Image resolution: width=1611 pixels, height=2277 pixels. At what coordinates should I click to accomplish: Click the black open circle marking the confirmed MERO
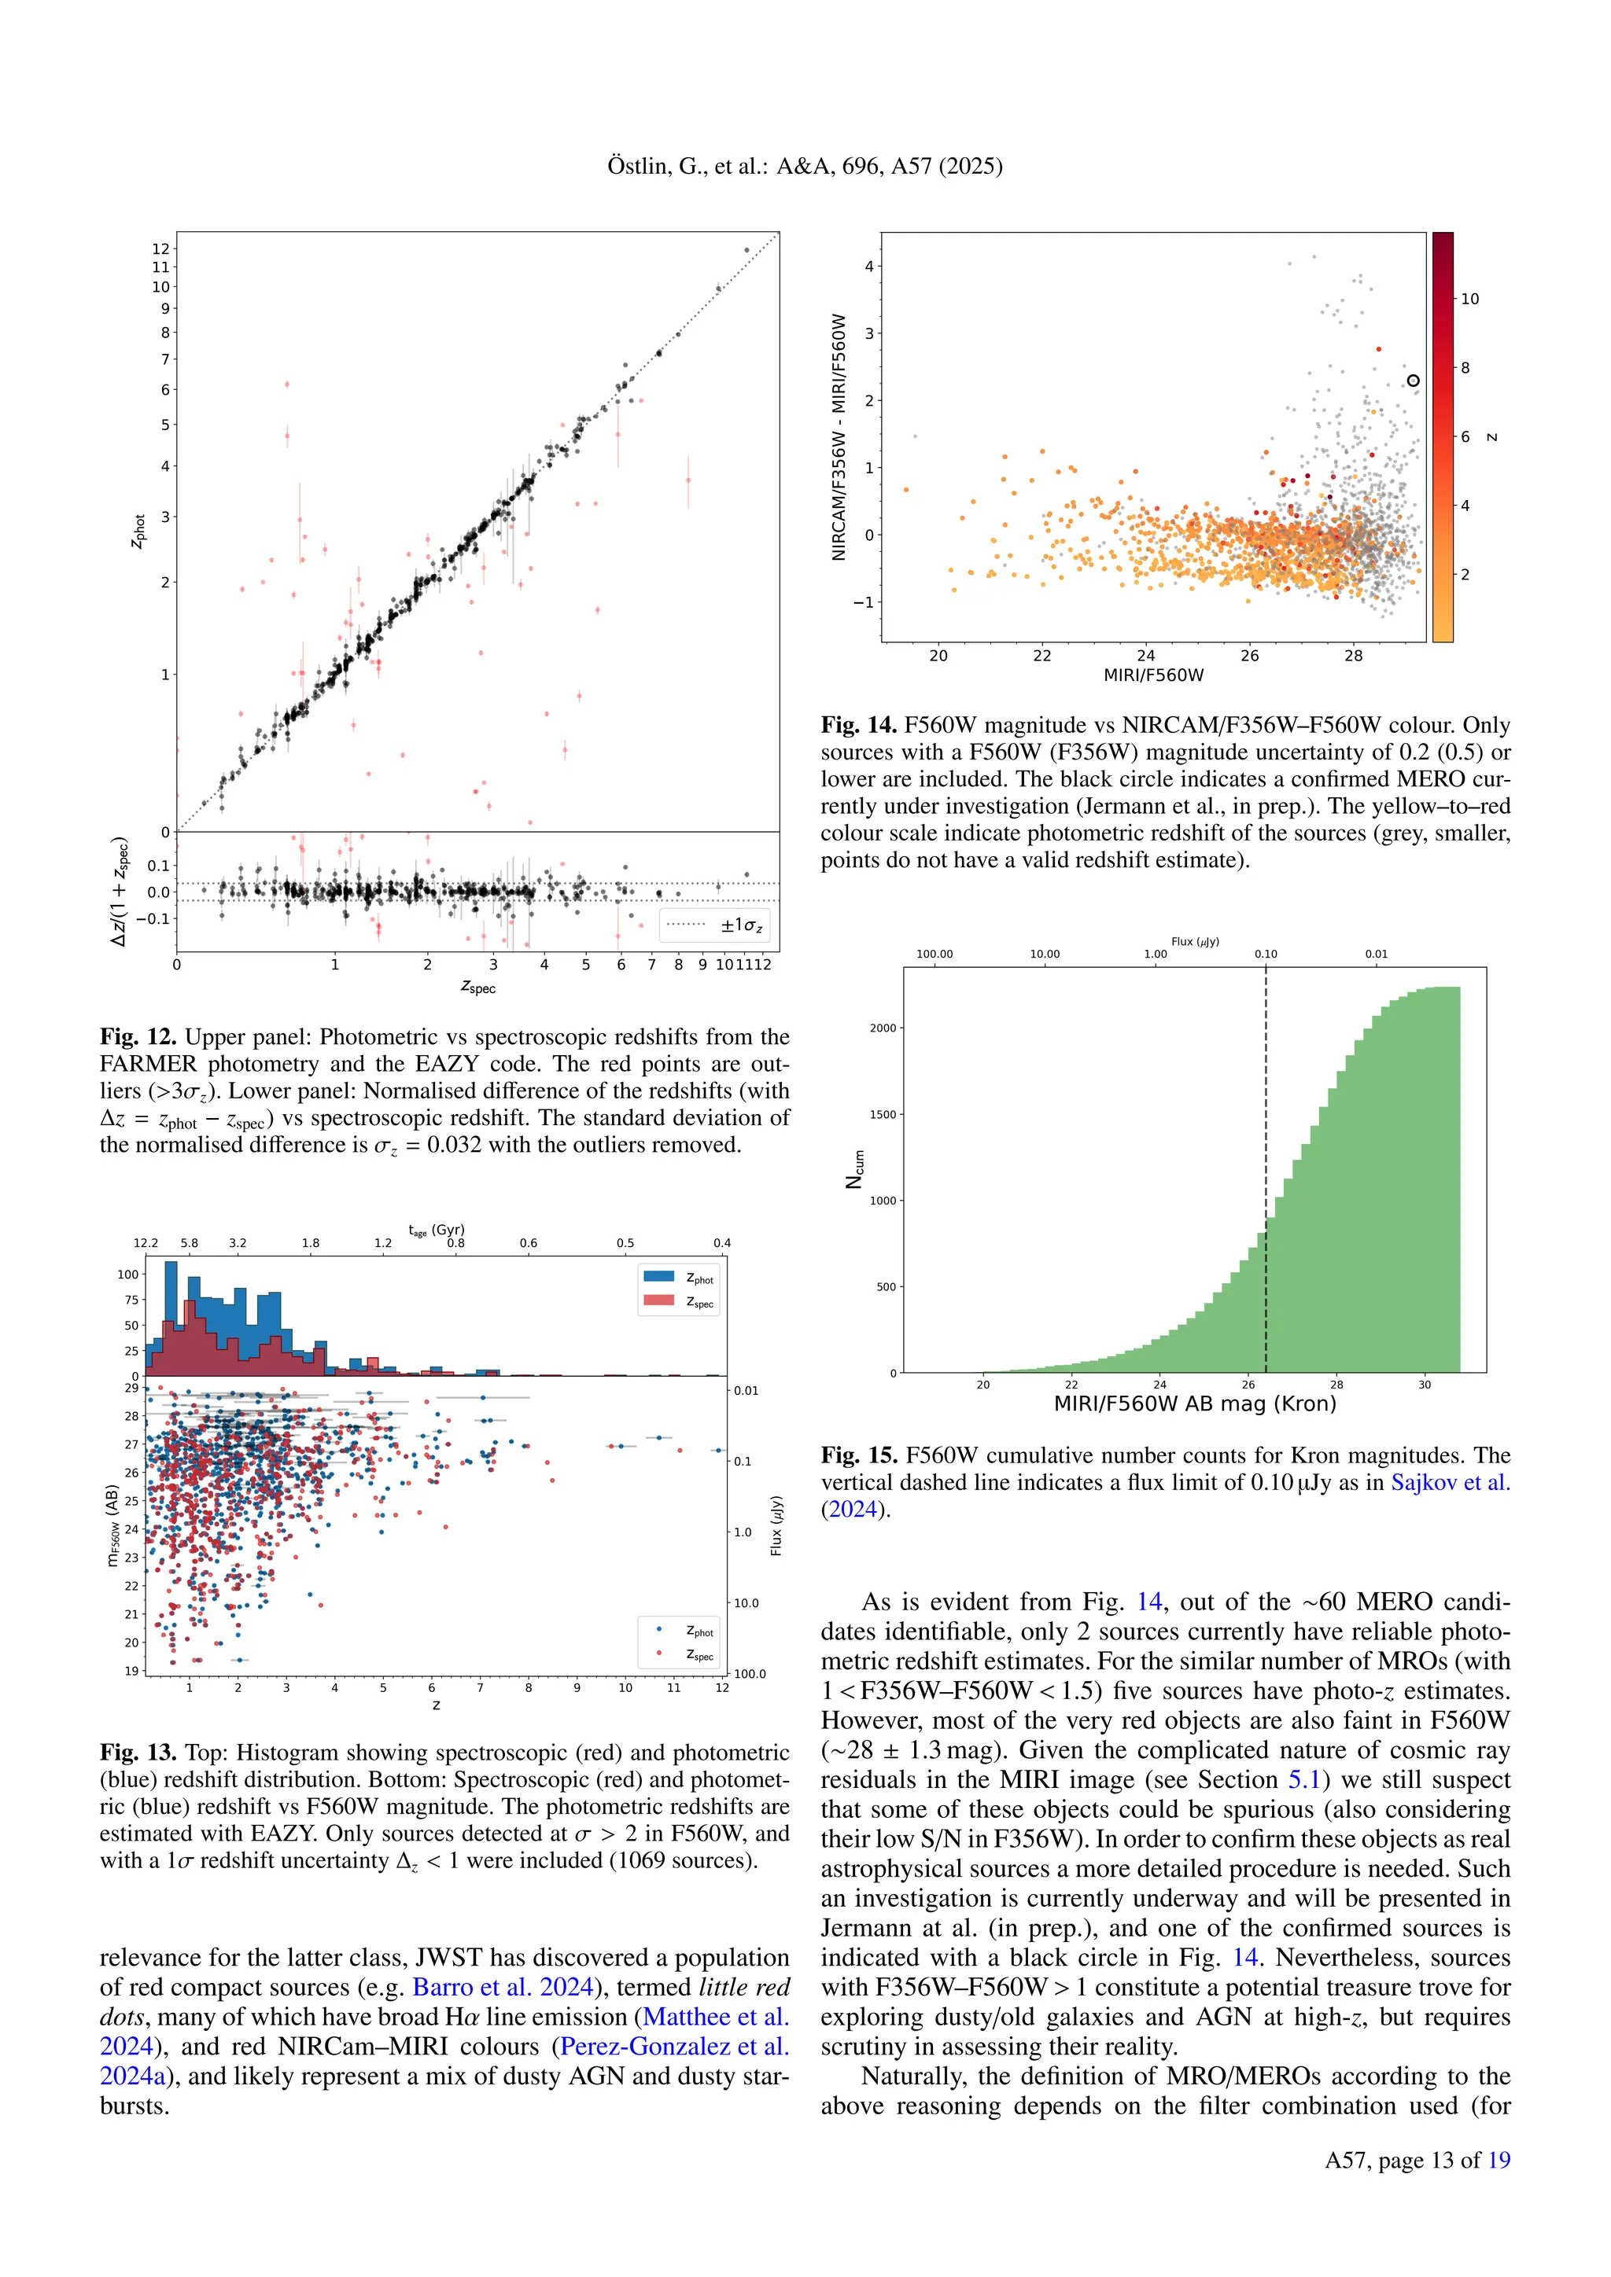pos(1414,381)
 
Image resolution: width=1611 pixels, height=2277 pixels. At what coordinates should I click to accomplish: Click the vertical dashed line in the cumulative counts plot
pos(1266,1141)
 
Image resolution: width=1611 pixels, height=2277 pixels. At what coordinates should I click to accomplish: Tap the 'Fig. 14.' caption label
pos(858,726)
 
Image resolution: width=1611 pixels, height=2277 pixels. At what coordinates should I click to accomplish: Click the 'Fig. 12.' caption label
pos(138,1037)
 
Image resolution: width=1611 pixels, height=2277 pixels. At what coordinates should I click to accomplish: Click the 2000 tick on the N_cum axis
pos(883,1028)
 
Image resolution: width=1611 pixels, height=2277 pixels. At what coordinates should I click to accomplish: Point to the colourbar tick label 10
pos(1469,299)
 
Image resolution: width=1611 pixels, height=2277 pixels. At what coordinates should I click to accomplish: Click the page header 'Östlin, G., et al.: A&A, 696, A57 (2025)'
pos(805,166)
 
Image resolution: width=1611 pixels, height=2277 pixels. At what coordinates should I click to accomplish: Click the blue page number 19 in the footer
pos(1499,2160)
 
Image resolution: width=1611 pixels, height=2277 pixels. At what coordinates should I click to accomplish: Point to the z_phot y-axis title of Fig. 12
pos(139,532)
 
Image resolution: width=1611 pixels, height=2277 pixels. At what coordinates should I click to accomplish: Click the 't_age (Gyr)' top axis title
pos(437,1230)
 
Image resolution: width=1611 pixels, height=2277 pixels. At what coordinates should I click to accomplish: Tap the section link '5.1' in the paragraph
pos(1304,1780)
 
